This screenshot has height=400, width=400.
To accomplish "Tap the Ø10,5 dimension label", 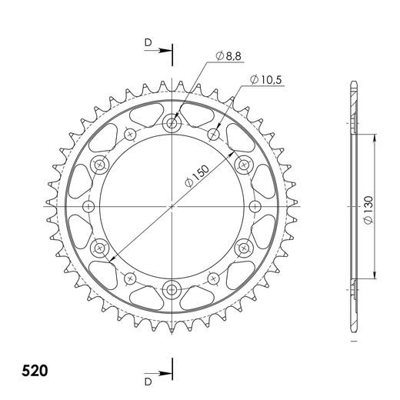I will (x=263, y=80).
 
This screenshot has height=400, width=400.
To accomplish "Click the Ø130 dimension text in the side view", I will (x=368, y=208).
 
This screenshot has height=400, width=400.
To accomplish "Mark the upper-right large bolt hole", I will (x=245, y=164).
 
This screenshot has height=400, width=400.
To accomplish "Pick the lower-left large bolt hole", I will (x=99, y=248).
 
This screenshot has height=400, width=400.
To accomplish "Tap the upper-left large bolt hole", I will (x=99, y=164).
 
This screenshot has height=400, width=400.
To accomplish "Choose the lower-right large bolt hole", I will (x=245, y=248).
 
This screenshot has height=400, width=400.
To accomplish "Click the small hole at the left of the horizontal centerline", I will (x=88, y=206).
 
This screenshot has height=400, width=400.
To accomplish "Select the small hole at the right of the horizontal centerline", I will (x=255, y=206).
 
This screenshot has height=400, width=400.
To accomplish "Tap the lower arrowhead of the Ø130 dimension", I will (x=375, y=278).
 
